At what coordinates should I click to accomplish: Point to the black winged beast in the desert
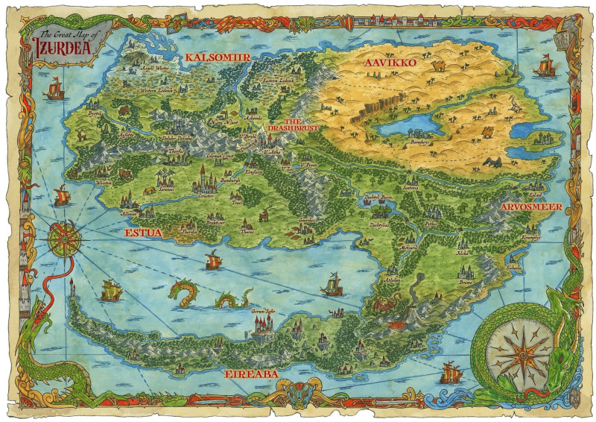[492, 163]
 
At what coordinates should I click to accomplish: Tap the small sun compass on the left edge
[65, 239]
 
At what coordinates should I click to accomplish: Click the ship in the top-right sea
[545, 68]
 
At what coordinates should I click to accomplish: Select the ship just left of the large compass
[450, 371]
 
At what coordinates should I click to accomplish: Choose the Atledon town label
[391, 279]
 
